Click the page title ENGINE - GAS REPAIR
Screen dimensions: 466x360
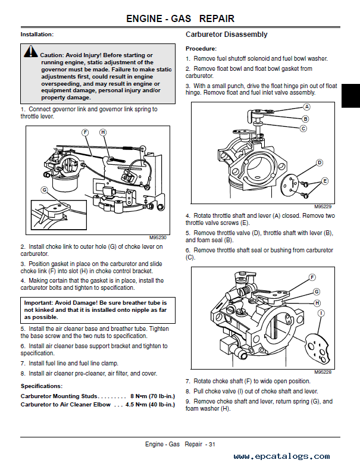pos(180,19)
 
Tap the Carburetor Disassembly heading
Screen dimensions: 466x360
pos(226,35)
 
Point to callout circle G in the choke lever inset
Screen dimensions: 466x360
pos(44,190)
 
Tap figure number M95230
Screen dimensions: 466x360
pos(156,237)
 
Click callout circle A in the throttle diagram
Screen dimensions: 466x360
pos(307,107)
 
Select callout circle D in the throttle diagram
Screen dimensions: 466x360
pos(320,162)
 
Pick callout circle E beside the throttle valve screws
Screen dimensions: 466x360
pos(324,181)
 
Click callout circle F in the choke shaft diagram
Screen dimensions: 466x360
pos(312,277)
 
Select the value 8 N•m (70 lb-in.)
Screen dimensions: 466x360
pos(152,395)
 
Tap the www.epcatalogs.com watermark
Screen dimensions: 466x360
pos(282,456)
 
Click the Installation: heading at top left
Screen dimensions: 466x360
pos(37,35)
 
